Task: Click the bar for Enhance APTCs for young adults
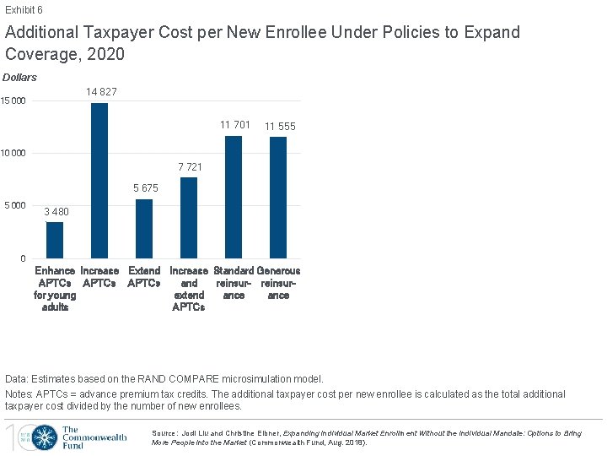tap(55, 240)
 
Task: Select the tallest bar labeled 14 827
tap(99, 180)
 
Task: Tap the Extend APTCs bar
tap(144, 228)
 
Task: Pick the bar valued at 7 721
tap(189, 217)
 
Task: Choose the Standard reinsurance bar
tap(234, 197)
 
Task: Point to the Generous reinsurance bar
tap(278, 198)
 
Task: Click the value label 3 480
tap(56, 212)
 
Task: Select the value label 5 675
tap(145, 188)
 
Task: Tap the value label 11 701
tap(235, 125)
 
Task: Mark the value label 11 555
tap(280, 126)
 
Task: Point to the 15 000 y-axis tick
tap(13, 102)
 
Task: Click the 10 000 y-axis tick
tap(13, 154)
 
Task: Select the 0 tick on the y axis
tap(24, 258)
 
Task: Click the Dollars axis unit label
tap(20, 78)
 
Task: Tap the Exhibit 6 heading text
tap(24, 10)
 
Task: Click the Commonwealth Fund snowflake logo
tap(46, 437)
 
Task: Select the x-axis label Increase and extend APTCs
tap(189, 289)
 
